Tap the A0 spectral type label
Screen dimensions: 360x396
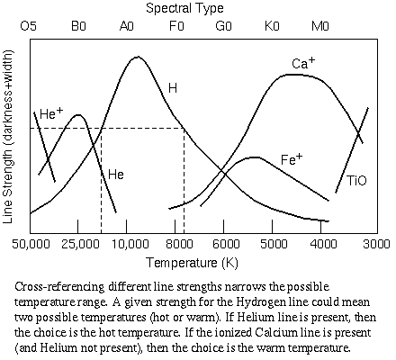[127, 26]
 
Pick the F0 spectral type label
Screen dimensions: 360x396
[175, 26]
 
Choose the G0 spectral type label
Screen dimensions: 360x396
[224, 26]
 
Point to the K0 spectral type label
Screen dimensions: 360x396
[273, 26]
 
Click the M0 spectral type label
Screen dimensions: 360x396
[321, 26]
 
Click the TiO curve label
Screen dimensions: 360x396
[356, 181]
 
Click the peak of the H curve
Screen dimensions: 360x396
[136, 57]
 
